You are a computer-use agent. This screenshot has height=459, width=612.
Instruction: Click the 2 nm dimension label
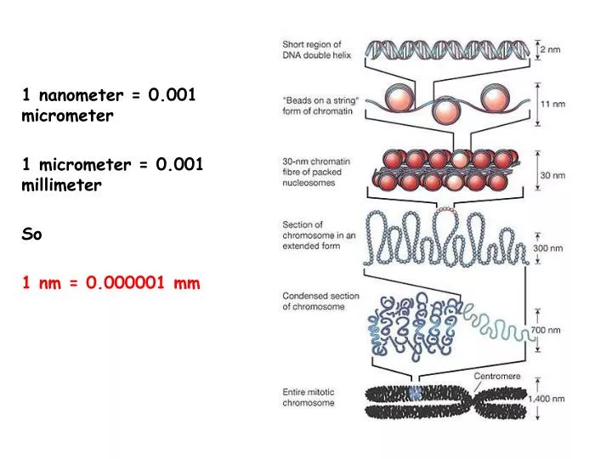coord(550,49)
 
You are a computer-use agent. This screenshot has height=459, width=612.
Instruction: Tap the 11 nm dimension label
coord(552,104)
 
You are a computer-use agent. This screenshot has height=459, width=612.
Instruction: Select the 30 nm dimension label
coord(552,175)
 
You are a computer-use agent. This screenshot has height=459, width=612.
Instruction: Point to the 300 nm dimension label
coord(548,248)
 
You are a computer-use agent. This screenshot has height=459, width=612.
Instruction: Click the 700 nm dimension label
coord(546,330)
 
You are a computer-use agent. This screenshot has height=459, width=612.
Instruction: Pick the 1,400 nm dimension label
coord(547,399)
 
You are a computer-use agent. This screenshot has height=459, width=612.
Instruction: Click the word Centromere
coord(497,376)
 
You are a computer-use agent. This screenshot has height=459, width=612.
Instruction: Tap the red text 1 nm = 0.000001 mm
coord(111,282)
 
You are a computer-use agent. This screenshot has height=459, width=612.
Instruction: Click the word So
coord(31,234)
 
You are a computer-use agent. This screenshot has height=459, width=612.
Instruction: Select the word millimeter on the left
coord(62,184)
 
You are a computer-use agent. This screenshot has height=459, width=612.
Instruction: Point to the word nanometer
coord(82,95)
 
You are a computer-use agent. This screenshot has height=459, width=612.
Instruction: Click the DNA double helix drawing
coord(448,50)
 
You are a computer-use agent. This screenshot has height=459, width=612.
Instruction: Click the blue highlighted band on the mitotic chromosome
coord(416,393)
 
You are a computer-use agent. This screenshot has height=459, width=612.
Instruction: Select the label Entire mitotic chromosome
coord(309,397)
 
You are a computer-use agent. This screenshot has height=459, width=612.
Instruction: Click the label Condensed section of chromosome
coord(320,301)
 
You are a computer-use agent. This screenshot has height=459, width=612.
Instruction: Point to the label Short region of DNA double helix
coord(316,49)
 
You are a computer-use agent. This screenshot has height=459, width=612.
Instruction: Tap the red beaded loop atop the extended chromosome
coord(445,210)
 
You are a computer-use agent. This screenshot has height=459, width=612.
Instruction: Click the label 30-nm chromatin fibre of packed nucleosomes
coord(316,172)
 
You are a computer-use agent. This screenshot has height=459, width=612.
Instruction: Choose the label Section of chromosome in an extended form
coord(319,235)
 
